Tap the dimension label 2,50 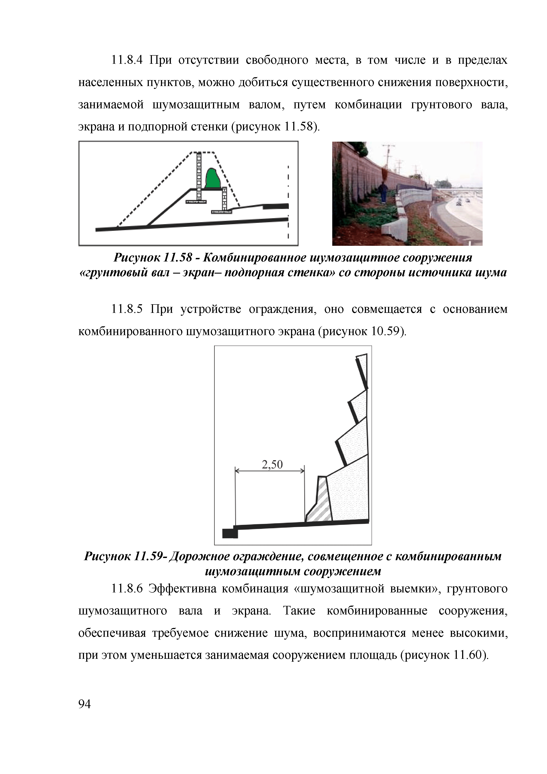click(x=272, y=465)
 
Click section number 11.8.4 click(x=127, y=60)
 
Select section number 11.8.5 click(x=127, y=309)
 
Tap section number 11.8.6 click(x=127, y=589)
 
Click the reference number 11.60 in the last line click(x=469, y=655)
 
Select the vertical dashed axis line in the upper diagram click(x=288, y=202)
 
